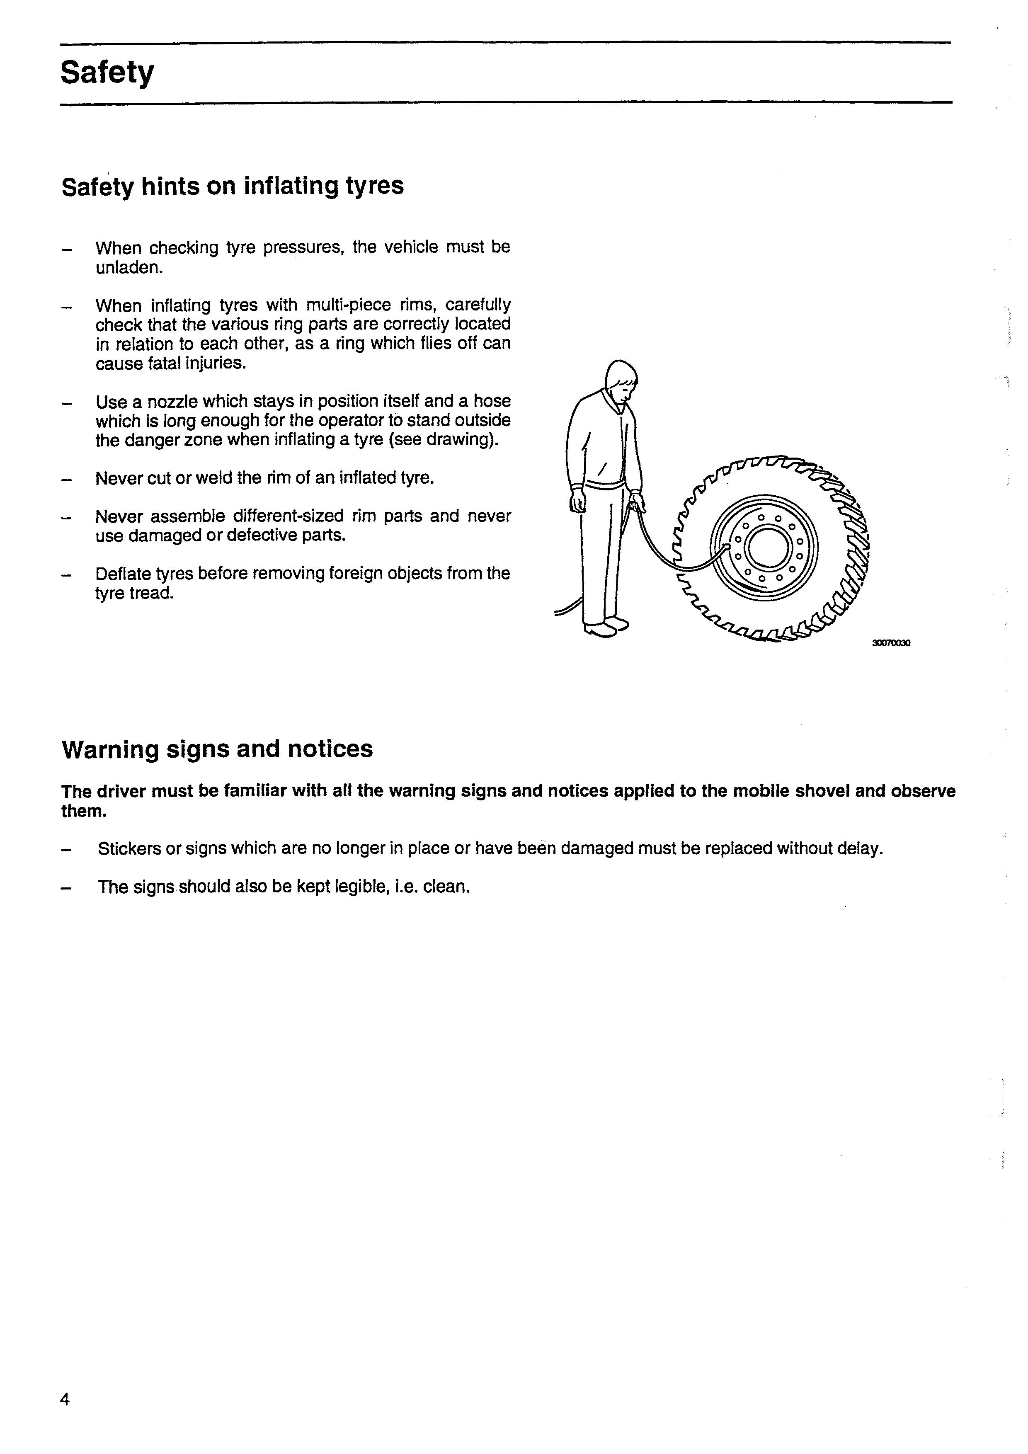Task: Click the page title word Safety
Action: click(107, 73)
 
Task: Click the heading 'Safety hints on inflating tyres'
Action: click(233, 186)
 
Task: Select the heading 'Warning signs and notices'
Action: click(217, 749)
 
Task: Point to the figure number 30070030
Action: click(890, 643)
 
